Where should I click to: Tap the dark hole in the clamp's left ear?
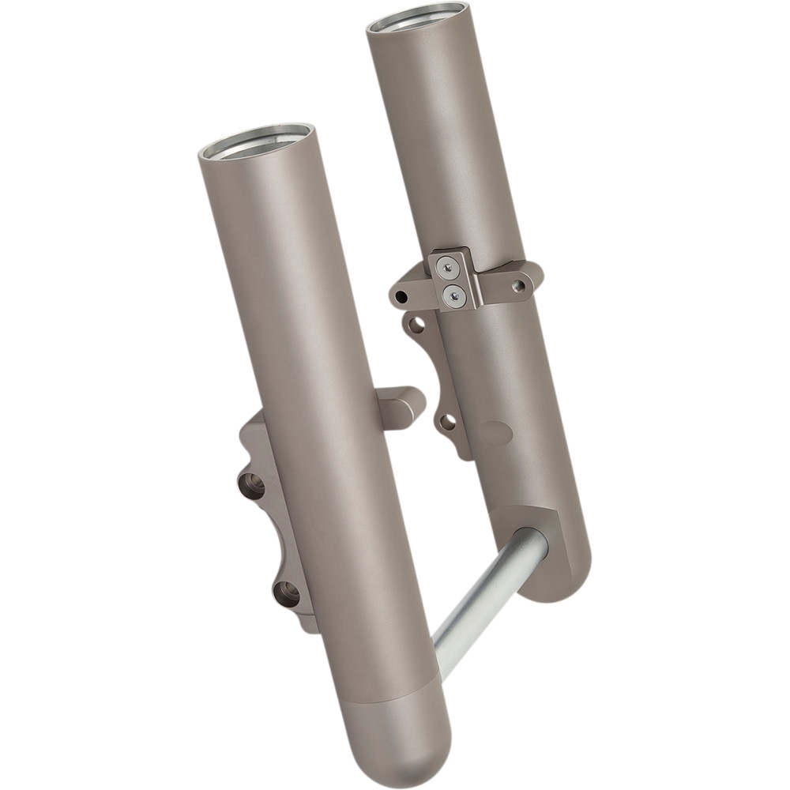401,298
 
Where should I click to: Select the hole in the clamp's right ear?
518,286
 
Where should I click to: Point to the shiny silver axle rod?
482,604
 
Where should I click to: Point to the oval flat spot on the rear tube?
495,432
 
